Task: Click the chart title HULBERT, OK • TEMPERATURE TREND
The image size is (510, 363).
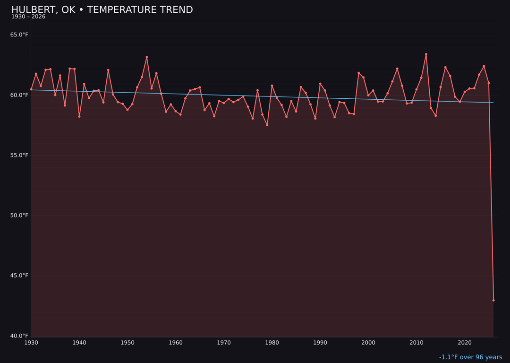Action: coord(102,10)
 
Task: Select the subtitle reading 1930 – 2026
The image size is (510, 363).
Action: coord(28,17)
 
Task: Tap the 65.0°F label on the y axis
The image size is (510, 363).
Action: coord(19,35)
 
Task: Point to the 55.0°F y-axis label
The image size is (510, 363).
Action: coord(19,156)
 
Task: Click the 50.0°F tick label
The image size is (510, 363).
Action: coord(19,216)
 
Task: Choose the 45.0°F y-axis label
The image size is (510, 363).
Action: coord(19,276)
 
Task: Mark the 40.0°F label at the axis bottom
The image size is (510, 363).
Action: coord(19,336)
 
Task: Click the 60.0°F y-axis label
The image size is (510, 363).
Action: coord(19,95)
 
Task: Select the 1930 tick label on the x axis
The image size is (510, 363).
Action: coord(31,343)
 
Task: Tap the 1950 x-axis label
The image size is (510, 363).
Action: coord(127,343)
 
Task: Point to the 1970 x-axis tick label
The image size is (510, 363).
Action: coord(224,343)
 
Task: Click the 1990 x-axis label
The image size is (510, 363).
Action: coord(320,343)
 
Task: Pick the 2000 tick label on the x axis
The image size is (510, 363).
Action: coord(368,343)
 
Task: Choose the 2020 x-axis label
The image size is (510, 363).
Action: coord(465,343)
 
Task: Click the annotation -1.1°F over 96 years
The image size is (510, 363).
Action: coord(470,357)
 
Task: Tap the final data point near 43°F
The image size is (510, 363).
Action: coord(493,300)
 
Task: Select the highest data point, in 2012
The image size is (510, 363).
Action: coord(426,54)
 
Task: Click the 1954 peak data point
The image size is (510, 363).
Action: coord(147,57)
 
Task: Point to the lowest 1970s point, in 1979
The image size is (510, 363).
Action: coord(267,125)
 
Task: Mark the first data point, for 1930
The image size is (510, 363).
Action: coord(31,89)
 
